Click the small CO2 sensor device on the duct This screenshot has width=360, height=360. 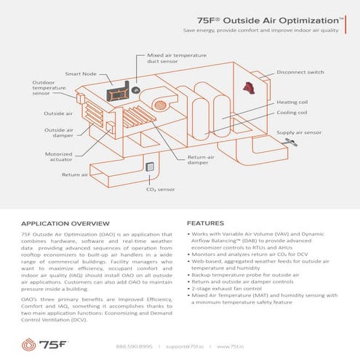click(x=151, y=167)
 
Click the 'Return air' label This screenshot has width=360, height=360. click(x=75, y=175)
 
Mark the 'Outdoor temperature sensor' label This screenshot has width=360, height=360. click(x=51, y=88)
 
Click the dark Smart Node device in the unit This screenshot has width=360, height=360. click(x=114, y=94)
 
